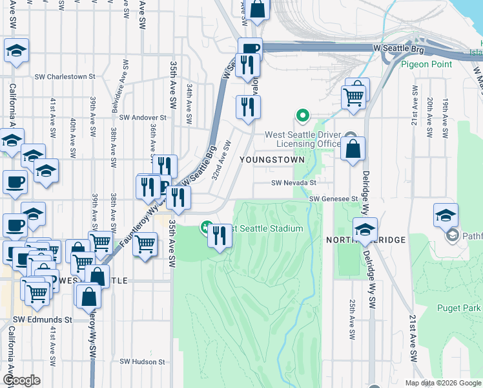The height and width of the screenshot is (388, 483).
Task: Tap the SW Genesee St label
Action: pos(333,199)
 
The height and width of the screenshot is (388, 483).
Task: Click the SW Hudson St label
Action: pos(143,361)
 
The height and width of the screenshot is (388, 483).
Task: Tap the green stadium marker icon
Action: pos(205,228)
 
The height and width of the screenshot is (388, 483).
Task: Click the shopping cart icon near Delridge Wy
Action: pos(354,96)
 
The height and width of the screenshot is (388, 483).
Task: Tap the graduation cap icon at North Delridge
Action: pos(365,230)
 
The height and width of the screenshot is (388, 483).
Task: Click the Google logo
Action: pos(21,381)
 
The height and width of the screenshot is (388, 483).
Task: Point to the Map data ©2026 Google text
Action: pos(442,383)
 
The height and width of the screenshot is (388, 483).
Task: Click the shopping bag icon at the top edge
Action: pos(256,9)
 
